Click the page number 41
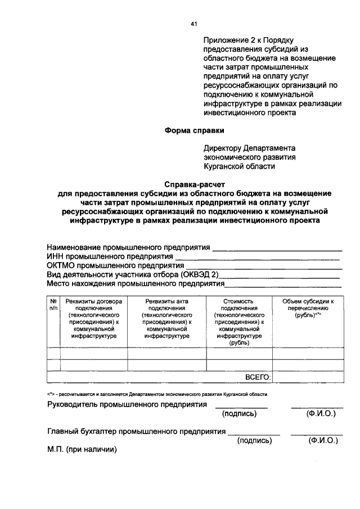pyautogui.click(x=195, y=24)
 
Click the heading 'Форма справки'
pyautogui.click(x=194, y=130)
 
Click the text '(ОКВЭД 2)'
pyautogui.click(x=200, y=275)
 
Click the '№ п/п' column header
pyautogui.click(x=53, y=305)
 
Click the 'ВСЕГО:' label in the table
pyautogui.click(x=258, y=377)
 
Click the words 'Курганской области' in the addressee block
pyautogui.click(x=240, y=166)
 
